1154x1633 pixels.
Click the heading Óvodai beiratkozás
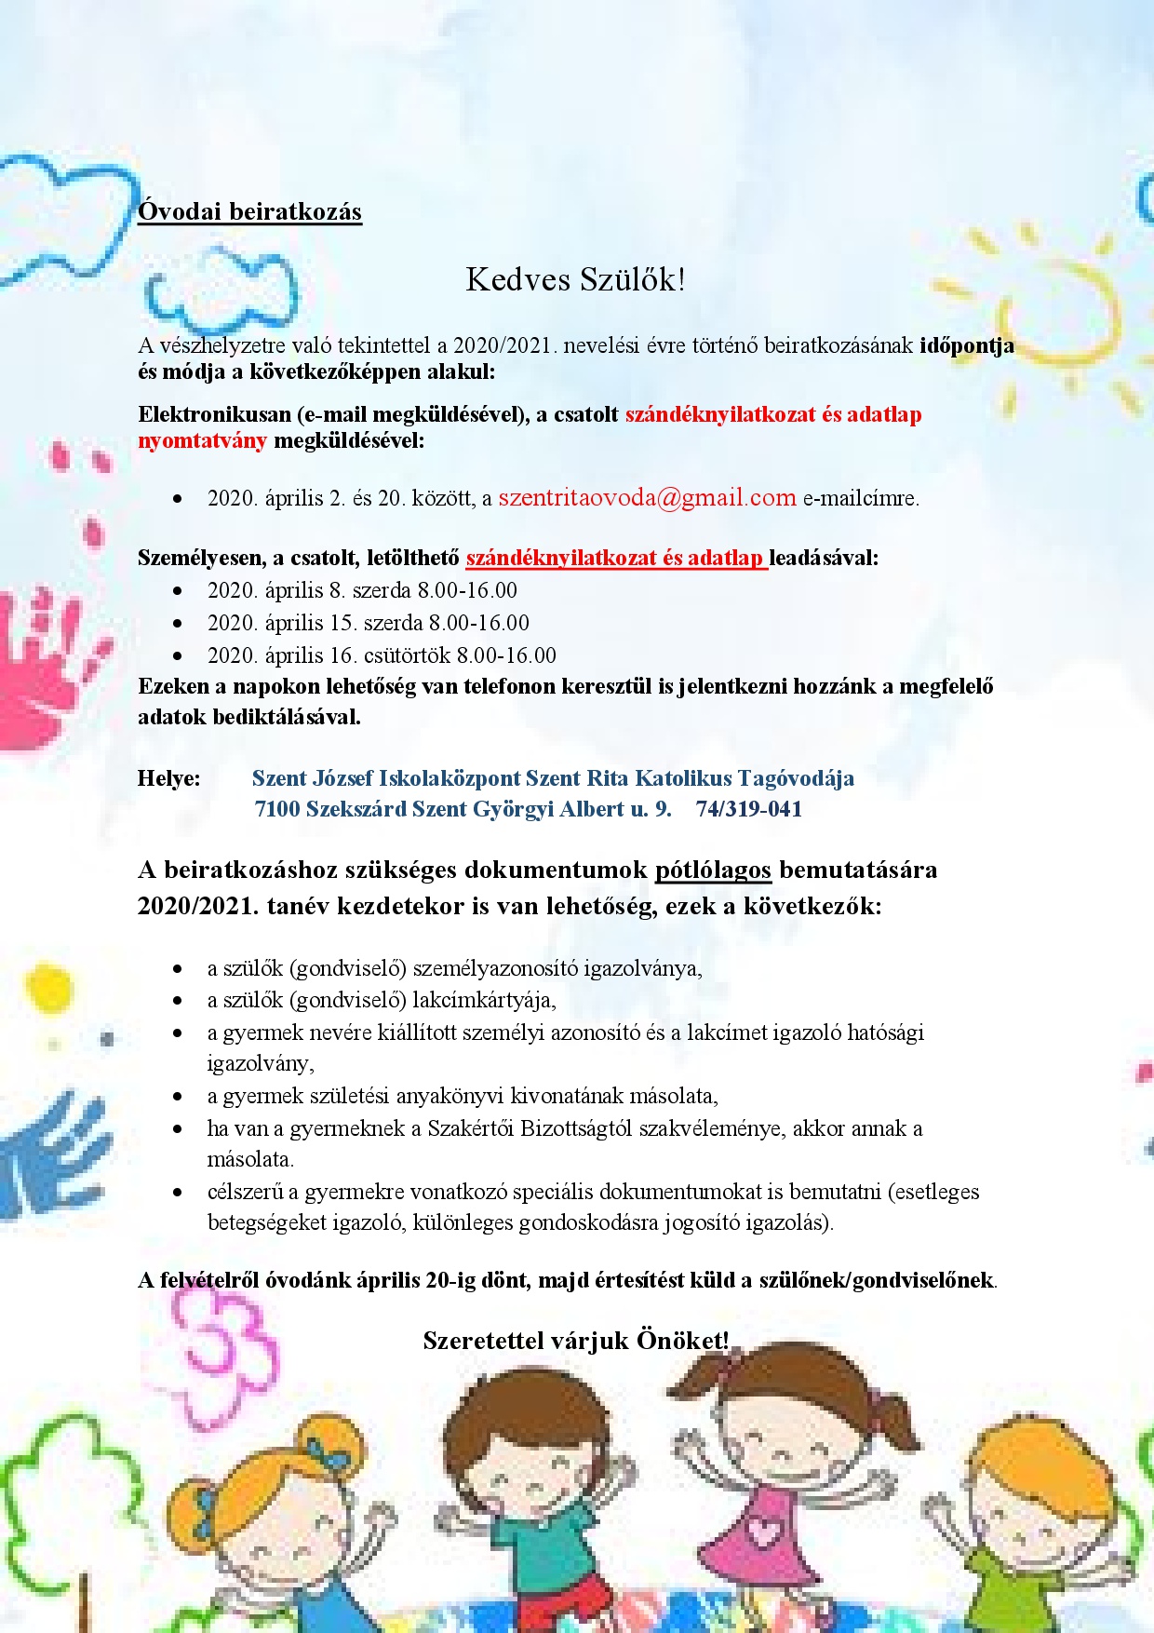click(x=249, y=211)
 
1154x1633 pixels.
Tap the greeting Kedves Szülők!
click(x=575, y=279)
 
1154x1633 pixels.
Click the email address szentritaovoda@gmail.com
click(x=647, y=498)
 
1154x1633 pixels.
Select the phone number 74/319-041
click(x=748, y=809)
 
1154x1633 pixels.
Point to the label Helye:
click(x=168, y=778)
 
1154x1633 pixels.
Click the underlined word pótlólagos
click(x=713, y=870)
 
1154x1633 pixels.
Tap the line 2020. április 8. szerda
click(x=362, y=590)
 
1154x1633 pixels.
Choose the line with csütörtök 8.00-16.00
click(x=382, y=655)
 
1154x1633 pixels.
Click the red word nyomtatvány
click(x=202, y=440)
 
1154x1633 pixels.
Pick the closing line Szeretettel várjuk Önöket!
click(x=575, y=1341)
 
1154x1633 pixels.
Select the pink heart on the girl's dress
click(x=765, y=1527)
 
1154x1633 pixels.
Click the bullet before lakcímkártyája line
click(x=178, y=1001)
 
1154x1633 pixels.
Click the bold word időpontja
click(x=966, y=345)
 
